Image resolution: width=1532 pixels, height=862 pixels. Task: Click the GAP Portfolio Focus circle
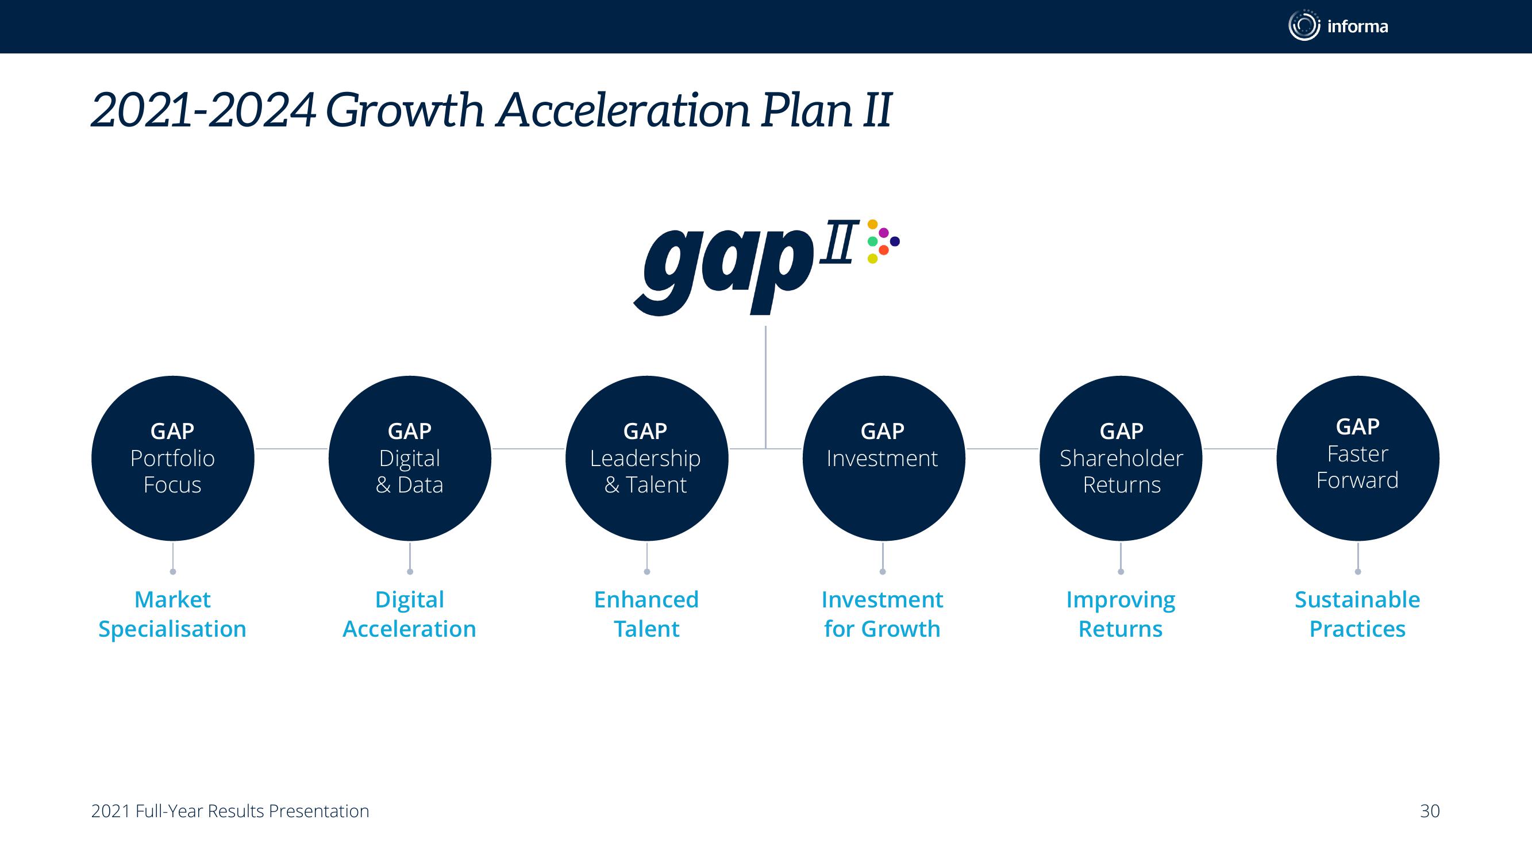click(172, 458)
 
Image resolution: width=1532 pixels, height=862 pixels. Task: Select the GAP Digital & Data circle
click(410, 458)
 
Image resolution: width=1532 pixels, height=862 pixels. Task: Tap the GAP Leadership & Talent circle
click(646, 458)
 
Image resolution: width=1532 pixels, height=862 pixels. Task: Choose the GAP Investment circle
click(883, 458)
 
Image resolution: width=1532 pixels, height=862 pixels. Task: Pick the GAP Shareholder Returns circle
click(1121, 458)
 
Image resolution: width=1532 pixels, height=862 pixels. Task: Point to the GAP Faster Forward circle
click(1358, 458)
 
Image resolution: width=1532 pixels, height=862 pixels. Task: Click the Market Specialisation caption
click(172, 614)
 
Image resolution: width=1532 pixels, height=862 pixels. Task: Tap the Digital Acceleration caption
click(410, 614)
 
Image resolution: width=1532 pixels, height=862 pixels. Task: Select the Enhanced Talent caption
click(646, 614)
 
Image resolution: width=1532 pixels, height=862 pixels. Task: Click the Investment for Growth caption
click(883, 614)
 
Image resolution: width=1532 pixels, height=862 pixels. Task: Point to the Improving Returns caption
click(1121, 614)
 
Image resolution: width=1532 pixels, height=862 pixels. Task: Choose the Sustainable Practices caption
click(1358, 614)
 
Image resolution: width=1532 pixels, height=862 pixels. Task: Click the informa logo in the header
click(1338, 26)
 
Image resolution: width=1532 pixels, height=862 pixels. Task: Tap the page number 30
click(1430, 811)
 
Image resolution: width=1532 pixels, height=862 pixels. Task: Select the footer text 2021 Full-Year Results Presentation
click(230, 811)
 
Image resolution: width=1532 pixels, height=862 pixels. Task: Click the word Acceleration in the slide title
click(624, 110)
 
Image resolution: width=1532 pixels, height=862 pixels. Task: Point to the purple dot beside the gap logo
click(884, 233)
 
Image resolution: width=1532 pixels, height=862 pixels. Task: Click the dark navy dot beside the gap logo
click(895, 241)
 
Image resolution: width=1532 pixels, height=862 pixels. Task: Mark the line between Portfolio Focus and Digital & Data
click(291, 449)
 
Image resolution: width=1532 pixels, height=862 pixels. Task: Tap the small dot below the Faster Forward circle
click(1358, 572)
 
